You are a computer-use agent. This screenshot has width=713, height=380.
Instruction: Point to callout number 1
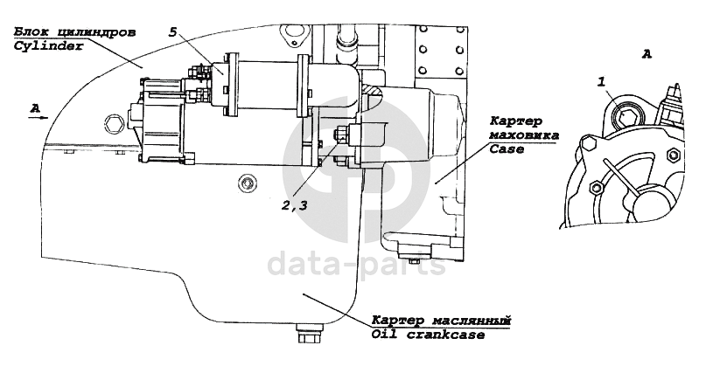click(602, 81)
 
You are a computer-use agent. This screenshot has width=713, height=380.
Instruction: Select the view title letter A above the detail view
click(647, 54)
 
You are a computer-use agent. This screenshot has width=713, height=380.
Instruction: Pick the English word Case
click(506, 149)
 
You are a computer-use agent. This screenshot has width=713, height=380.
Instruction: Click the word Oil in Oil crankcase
click(383, 334)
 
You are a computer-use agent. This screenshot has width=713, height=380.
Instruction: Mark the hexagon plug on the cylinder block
click(111, 121)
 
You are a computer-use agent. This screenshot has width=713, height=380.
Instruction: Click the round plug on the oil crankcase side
click(247, 183)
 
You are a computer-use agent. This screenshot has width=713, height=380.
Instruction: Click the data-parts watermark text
click(356, 261)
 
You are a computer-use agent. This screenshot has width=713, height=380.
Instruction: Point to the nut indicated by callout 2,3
click(339, 135)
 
